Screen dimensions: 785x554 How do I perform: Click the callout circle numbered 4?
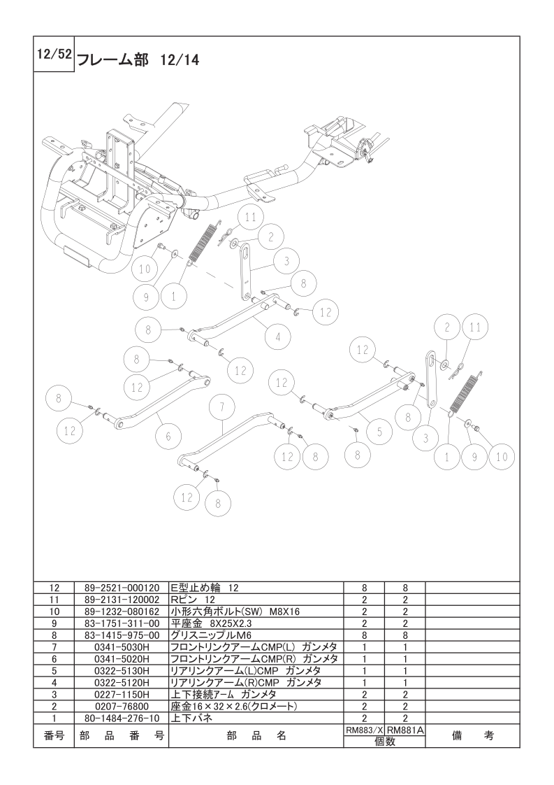277,337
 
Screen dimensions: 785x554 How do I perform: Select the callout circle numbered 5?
379,432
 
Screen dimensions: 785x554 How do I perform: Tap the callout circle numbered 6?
168,436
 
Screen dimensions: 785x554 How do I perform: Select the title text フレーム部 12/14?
137,60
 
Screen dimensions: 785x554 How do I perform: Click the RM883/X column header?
363,729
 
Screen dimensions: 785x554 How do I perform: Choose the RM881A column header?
405,729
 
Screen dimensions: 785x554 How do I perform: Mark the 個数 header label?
384,742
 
